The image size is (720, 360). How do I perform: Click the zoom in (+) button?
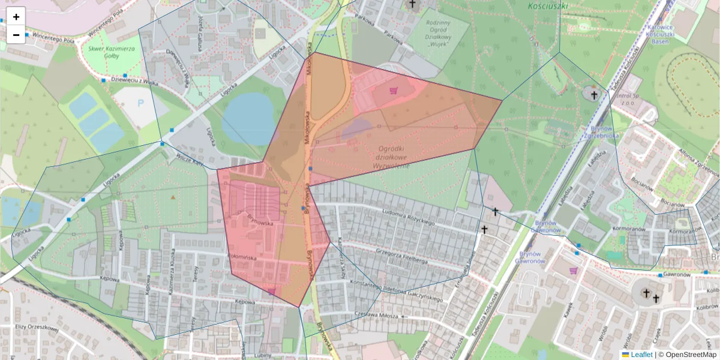click(x=16, y=17)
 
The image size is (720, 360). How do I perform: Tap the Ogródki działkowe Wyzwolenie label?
click(x=390, y=157)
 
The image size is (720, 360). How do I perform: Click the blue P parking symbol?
click(x=141, y=103)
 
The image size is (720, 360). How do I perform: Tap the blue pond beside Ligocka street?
click(x=247, y=119)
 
